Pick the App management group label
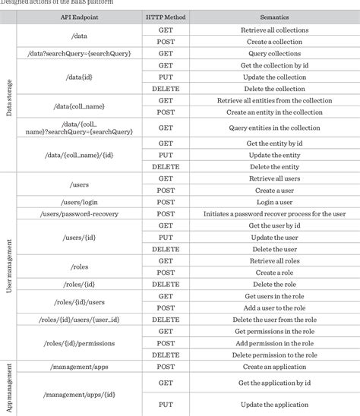pos(9,387)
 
